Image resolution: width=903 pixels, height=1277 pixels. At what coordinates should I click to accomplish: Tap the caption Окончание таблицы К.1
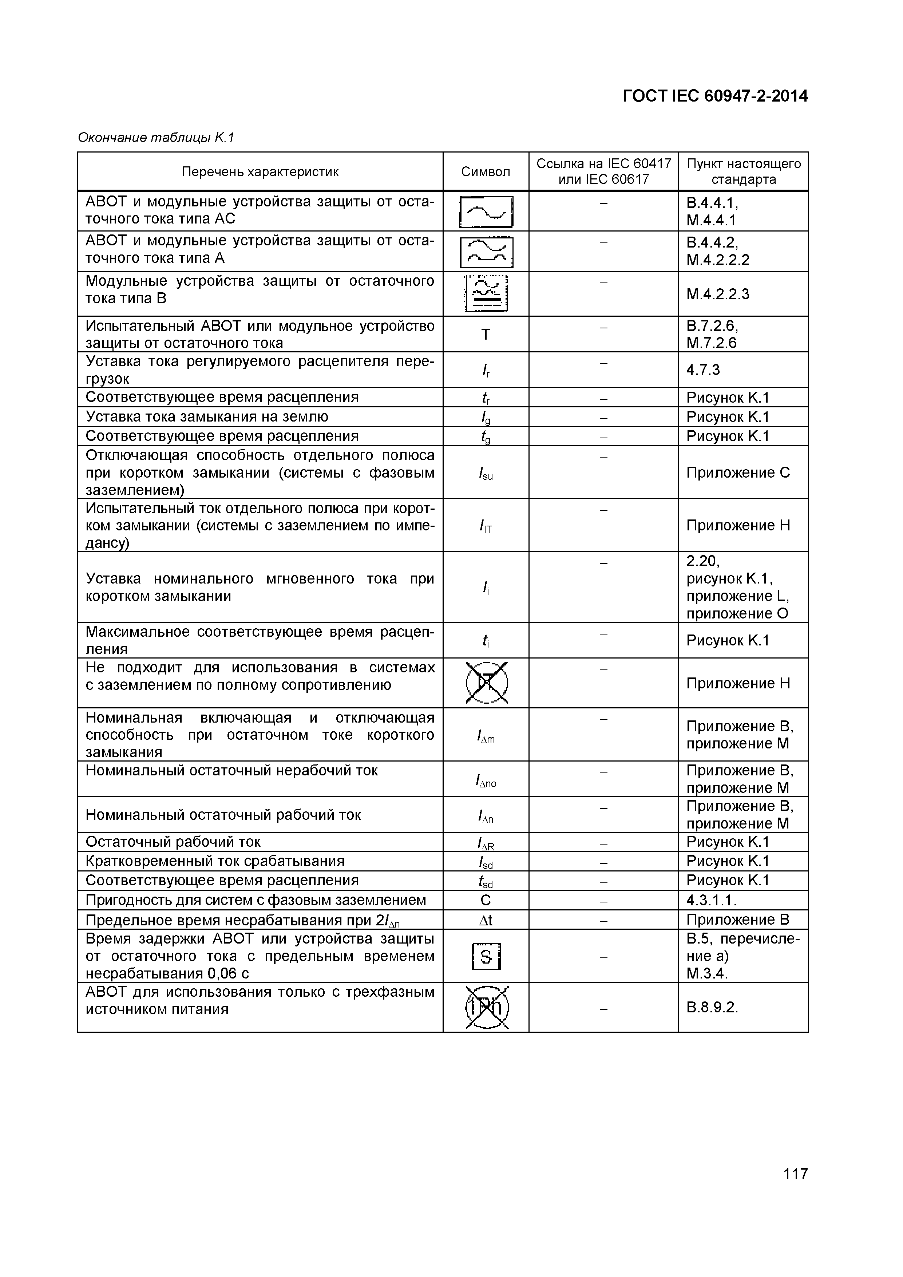coord(156,137)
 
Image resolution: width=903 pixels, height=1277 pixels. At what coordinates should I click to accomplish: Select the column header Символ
coord(486,172)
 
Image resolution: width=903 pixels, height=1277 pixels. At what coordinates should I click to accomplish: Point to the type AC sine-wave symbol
coord(486,212)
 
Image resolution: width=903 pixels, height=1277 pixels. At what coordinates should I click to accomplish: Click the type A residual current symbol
coord(486,252)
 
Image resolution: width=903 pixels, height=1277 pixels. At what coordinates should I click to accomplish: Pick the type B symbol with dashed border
coord(486,294)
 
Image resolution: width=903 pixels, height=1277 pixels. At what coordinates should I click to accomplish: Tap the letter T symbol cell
coord(486,334)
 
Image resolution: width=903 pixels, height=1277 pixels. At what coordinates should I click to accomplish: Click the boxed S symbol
coord(486,957)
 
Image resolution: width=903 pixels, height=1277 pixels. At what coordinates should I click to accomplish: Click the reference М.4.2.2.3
coord(717,294)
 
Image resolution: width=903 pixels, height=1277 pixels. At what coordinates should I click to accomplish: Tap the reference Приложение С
coord(738,473)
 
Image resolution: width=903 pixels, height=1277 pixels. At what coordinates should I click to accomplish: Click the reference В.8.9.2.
coord(712,1007)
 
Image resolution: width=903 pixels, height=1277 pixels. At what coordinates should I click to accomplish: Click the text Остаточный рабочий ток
coord(173,842)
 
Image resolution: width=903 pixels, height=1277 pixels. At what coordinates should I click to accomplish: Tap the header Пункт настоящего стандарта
coord(744,172)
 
